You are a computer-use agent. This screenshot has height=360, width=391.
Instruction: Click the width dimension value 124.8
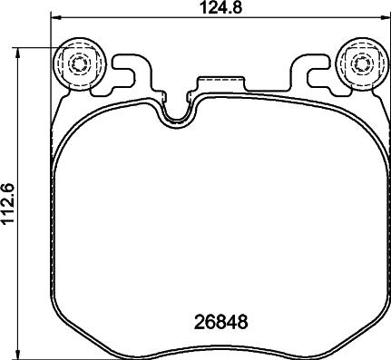point(221,7)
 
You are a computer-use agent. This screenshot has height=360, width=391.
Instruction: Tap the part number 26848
point(220,322)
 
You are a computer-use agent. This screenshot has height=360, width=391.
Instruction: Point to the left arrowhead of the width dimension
point(55,17)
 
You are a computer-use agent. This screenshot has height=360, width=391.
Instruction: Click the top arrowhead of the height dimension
point(17,54)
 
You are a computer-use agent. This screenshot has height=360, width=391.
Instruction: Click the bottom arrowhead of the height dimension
point(17,354)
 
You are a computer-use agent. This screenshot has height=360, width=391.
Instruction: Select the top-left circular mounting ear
point(80,64)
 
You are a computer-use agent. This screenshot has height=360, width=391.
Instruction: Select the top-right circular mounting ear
point(362,64)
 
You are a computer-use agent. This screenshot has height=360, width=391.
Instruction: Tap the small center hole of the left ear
point(80,64)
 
